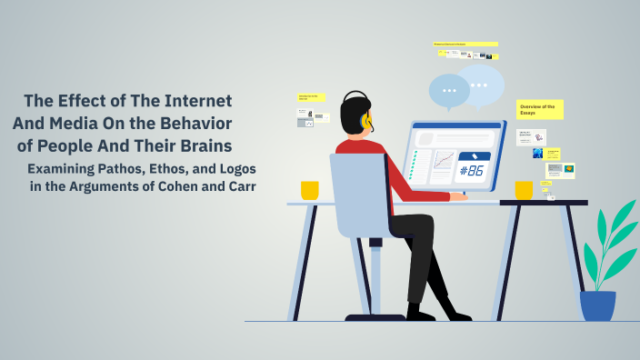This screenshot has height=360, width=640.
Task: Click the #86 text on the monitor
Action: [474, 170]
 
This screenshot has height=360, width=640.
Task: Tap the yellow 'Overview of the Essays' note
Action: [539, 110]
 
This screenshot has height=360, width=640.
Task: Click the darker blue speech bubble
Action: [449, 90]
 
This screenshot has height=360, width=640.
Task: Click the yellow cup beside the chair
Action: [310, 190]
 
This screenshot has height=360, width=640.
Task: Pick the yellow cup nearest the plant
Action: [524, 190]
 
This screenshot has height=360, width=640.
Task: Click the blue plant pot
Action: [597, 305]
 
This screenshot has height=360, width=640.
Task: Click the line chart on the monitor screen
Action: [444, 161]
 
